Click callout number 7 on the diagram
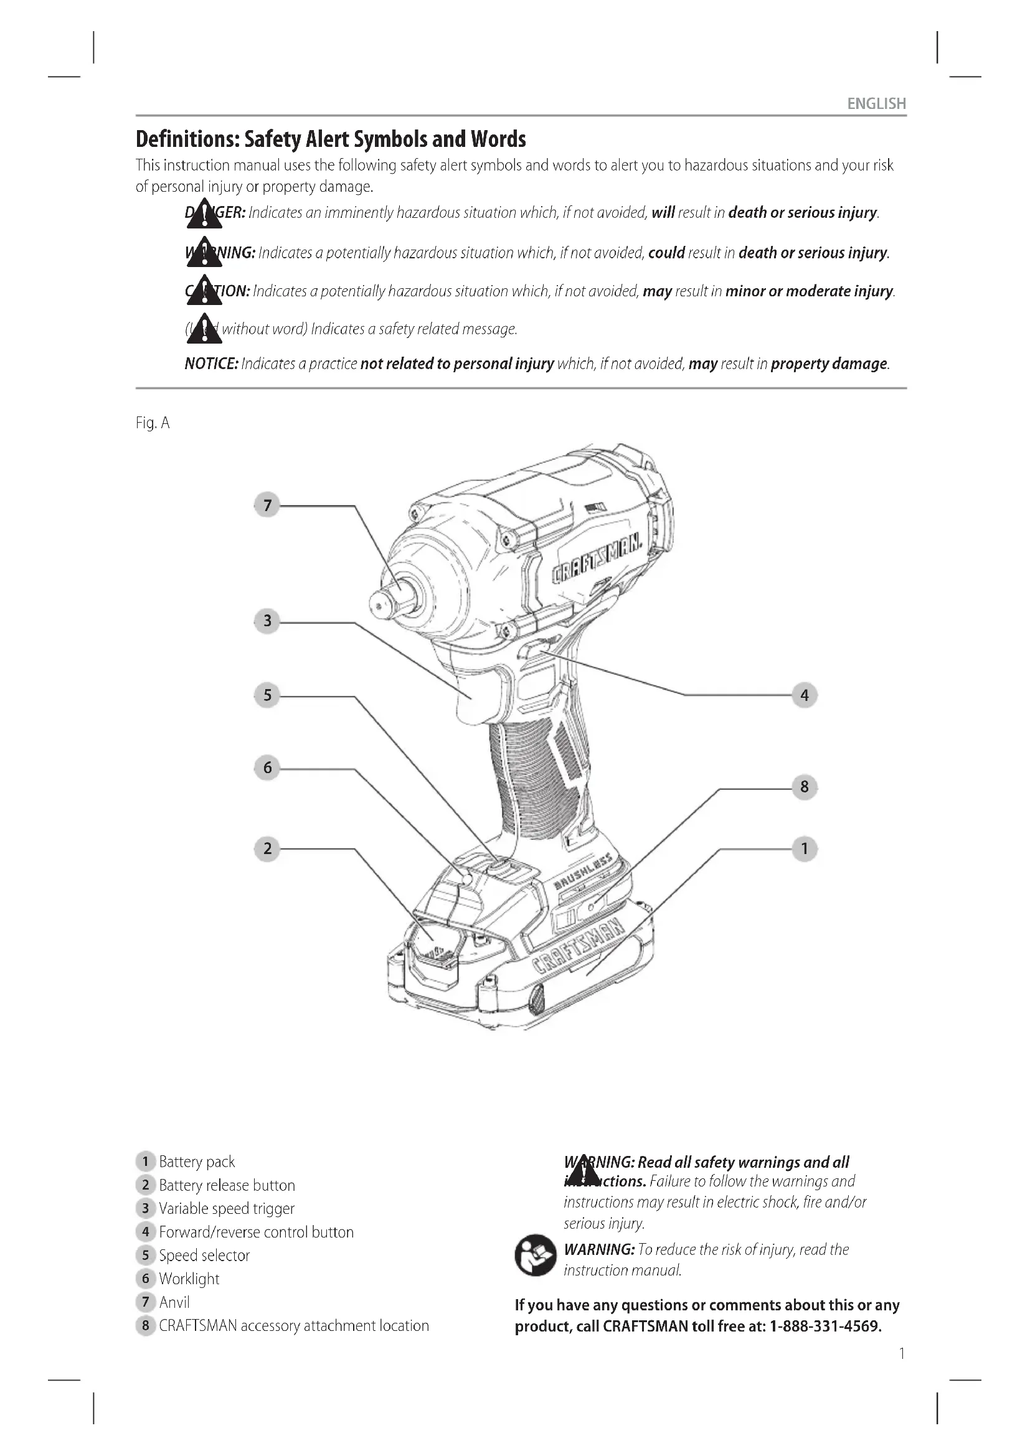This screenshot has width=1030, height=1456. pos(267,505)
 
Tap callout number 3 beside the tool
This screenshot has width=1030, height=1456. pos(267,621)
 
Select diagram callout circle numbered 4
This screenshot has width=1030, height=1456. pos(804,695)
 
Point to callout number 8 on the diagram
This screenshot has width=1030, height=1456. pos(804,787)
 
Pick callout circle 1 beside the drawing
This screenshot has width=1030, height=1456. pos(804,848)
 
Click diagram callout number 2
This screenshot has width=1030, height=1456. pos(267,848)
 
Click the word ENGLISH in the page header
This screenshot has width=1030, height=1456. pos(876,103)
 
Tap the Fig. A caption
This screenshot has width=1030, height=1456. pos(153,423)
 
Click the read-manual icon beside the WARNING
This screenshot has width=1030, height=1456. pos(536,1255)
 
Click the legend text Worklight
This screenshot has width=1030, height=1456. pos(189,1279)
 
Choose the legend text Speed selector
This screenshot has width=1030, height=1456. pos(204,1256)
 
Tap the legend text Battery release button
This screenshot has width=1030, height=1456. pos(227,1185)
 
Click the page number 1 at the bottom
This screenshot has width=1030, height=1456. pos(901,1354)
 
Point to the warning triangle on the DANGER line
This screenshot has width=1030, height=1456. pos(204,214)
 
